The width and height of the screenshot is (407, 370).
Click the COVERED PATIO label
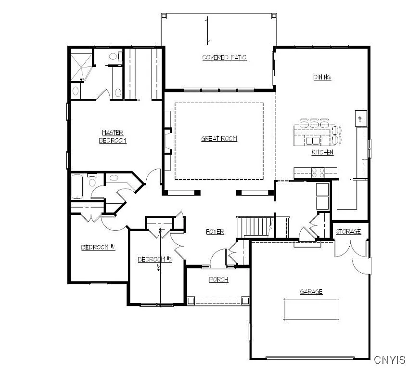tap(224, 57)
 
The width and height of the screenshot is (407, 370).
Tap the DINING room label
tap(322, 77)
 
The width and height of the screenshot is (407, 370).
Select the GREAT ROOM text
tap(219, 139)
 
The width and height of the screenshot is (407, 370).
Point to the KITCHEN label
tap(322, 152)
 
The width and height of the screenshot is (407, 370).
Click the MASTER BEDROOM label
tap(113, 136)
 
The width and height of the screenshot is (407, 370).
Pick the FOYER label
tap(215, 232)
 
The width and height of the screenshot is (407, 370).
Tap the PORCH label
tap(218, 279)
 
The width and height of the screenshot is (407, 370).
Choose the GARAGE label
tap(311, 291)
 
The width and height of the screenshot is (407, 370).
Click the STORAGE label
tap(348, 232)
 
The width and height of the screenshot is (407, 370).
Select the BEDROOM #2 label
tap(98, 247)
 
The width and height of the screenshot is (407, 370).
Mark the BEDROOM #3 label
tap(155, 259)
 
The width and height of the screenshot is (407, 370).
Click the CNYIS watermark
tap(390, 360)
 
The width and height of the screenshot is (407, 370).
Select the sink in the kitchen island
tap(312, 140)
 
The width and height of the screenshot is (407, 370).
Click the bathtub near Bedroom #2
tap(78, 187)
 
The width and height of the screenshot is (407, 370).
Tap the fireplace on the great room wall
tap(167, 141)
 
